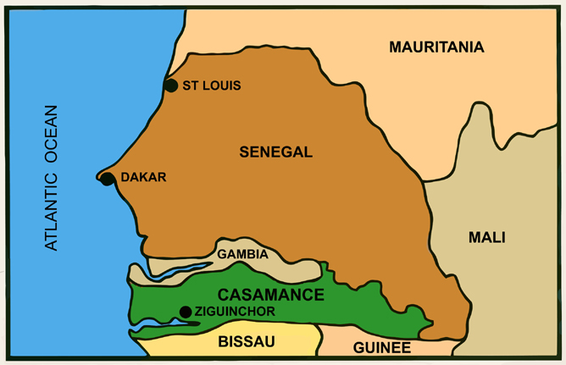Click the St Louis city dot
pos(170,85)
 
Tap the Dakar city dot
pos(108,179)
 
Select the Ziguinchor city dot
pos(186,312)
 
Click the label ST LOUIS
pos(212,86)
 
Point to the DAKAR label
pos(143,178)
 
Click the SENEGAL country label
pos(276,152)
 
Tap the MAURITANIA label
pos(436,47)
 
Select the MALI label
pos(486,238)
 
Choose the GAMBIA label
pos(242,254)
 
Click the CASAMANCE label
pos(271,295)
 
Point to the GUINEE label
pos(382,347)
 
